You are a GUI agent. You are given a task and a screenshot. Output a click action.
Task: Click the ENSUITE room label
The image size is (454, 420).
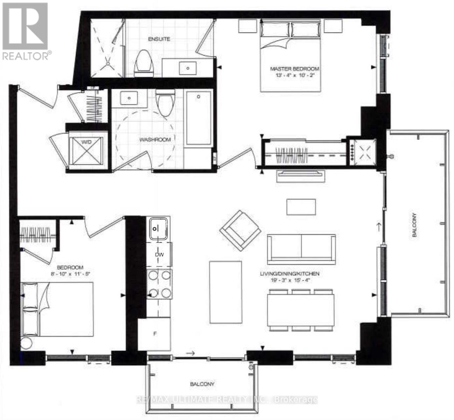click(x=159, y=39)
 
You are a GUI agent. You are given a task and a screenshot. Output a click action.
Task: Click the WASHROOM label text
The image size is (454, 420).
click(x=155, y=140)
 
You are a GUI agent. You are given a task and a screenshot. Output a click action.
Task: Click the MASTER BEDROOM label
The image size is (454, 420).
click(x=294, y=69)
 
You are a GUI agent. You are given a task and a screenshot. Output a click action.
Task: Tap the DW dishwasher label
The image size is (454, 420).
click(x=159, y=255)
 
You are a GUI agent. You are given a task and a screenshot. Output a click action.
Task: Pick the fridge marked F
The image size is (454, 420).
click(x=154, y=334)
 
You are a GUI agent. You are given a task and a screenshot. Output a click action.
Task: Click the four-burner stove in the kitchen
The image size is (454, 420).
click(x=160, y=284)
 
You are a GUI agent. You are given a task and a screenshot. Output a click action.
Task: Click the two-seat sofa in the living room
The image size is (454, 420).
click(x=301, y=249)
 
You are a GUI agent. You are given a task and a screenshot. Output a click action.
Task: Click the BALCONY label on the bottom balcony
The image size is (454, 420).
click(x=202, y=384)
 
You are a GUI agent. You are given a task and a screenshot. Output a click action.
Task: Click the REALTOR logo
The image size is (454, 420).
click(x=26, y=31)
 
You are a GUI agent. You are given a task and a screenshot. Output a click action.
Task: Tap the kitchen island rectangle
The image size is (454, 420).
click(x=225, y=292)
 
